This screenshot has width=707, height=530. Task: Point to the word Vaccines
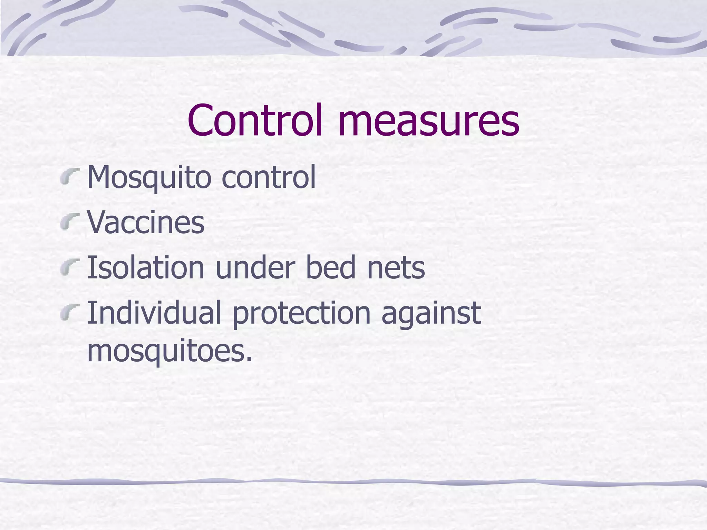(146, 222)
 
